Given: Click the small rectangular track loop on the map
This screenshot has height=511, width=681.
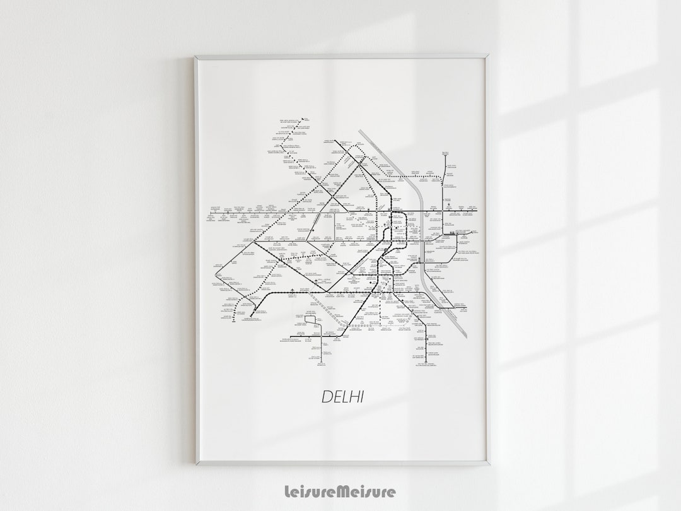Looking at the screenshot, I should click(x=311, y=323).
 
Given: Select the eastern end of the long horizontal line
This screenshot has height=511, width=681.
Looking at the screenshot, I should click(x=477, y=211).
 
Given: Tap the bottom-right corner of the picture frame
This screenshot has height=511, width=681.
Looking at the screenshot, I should click(x=489, y=464).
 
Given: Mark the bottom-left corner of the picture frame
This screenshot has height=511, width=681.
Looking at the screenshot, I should click(x=195, y=464).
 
